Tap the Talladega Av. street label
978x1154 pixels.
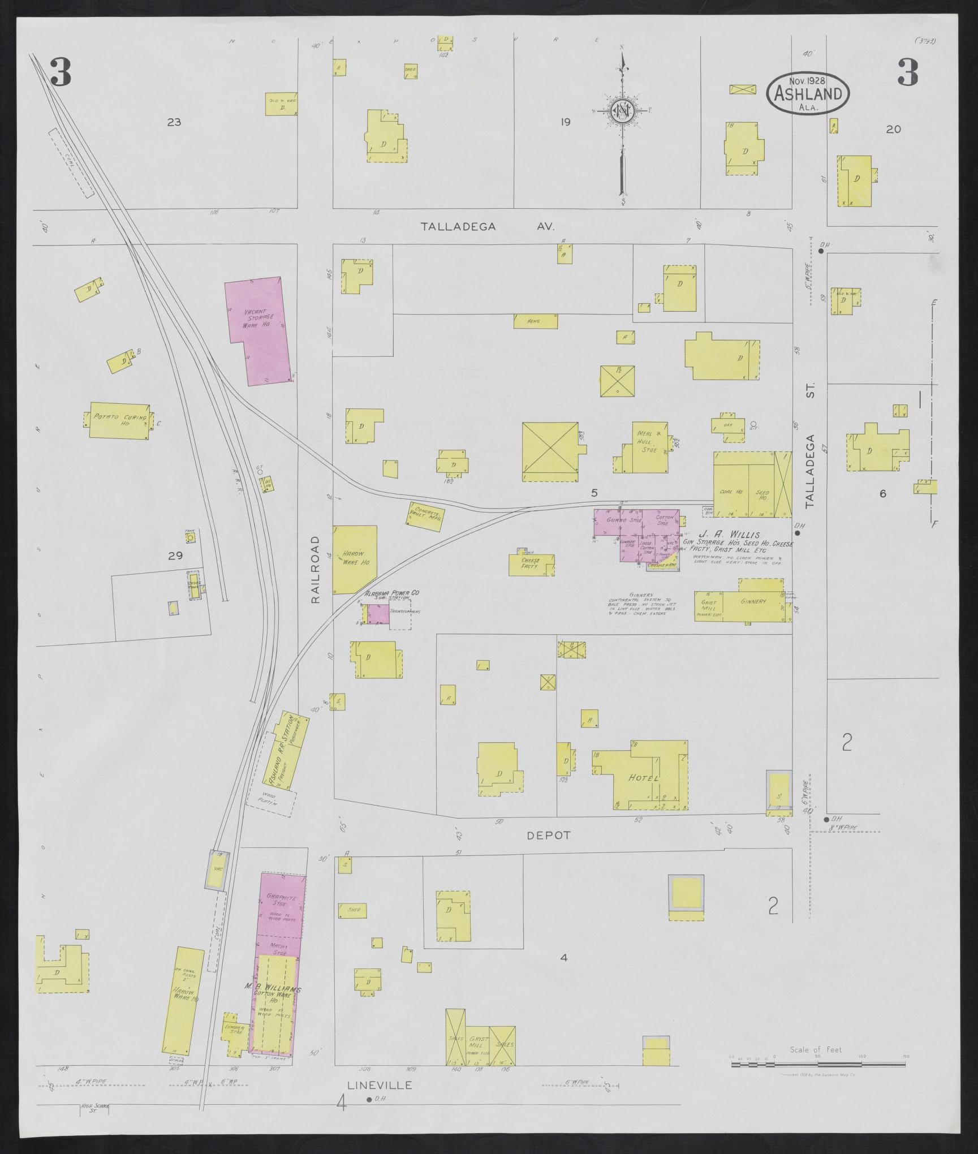pos(488,227)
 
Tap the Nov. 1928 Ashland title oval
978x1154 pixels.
pos(807,93)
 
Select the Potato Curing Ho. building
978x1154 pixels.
pos(119,420)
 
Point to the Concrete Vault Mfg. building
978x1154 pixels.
pos(425,516)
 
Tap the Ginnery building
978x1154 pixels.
pos(753,602)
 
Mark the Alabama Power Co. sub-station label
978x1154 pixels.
pos(391,594)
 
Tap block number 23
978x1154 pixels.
pos(174,122)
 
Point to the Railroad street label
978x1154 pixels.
pos(316,570)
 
